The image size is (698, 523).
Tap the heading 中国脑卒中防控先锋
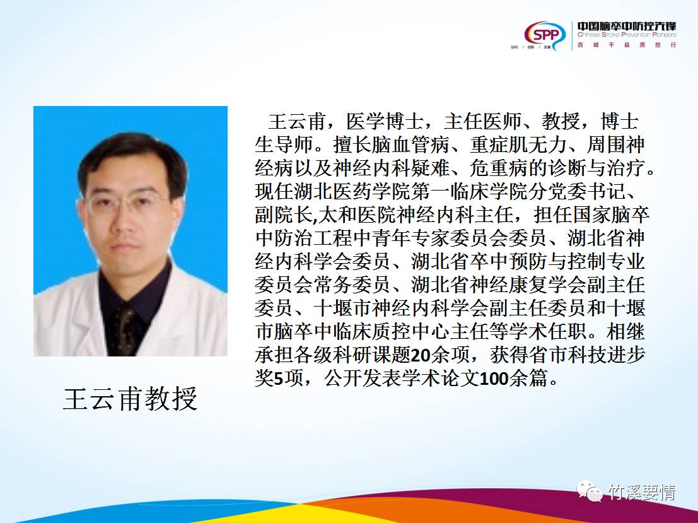pos(627,26)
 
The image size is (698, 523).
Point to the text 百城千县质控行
pos(627,45)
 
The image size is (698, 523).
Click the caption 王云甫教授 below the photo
pos(131,399)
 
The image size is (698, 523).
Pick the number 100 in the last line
pos(496,379)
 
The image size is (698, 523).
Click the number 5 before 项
pos(278,379)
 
